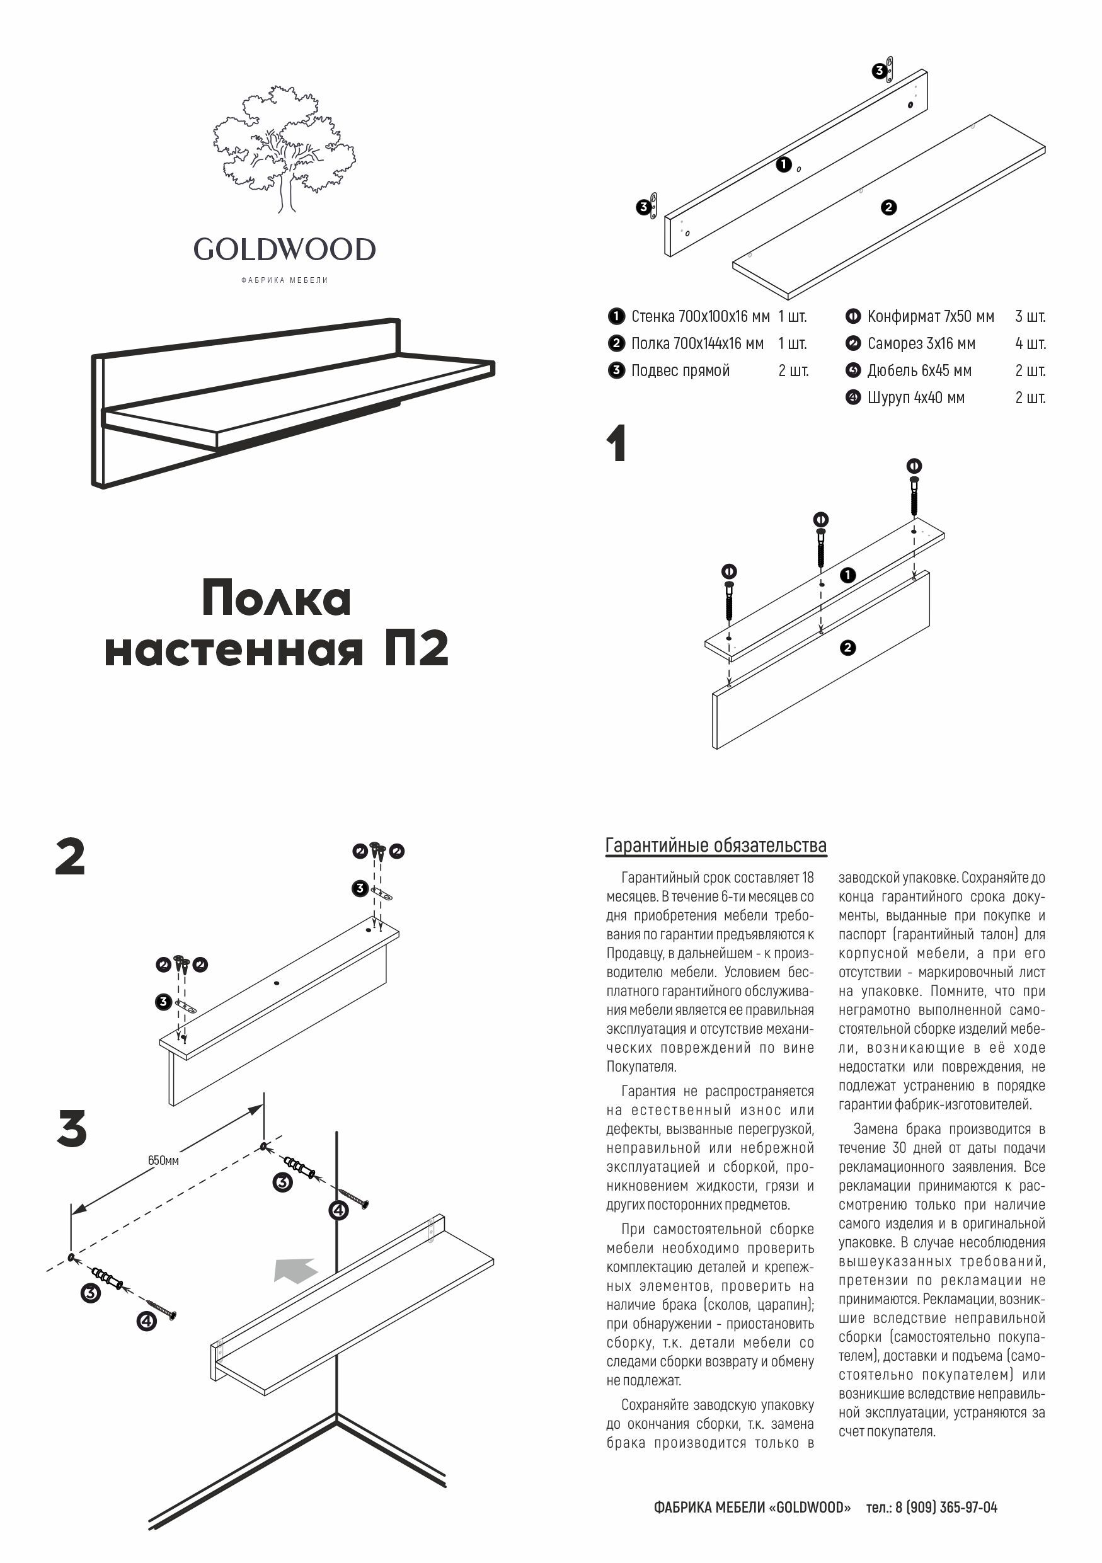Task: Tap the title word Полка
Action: (x=277, y=599)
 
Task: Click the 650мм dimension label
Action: (x=163, y=1160)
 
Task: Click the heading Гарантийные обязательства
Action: (x=715, y=845)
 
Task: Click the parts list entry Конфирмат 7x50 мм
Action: (x=930, y=316)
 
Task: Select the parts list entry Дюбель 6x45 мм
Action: (x=919, y=371)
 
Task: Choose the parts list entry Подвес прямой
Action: (x=680, y=371)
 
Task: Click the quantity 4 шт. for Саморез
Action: (x=1030, y=344)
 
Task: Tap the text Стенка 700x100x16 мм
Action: (x=700, y=316)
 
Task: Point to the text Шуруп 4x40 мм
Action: (x=915, y=398)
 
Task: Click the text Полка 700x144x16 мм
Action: (x=697, y=344)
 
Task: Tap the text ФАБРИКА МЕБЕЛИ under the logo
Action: (x=285, y=280)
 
